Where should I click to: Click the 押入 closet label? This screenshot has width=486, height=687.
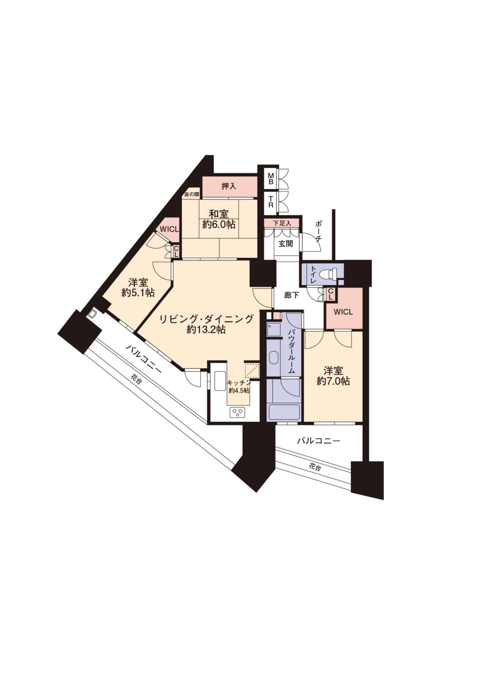pos(229,187)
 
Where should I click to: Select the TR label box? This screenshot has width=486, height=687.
pos(271,202)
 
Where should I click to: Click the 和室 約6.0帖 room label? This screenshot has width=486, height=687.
pos(219,219)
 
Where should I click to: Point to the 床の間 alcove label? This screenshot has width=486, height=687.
pos(192,194)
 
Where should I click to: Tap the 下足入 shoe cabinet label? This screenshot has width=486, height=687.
pos(281,223)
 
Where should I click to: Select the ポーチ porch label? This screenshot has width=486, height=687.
pos(319,231)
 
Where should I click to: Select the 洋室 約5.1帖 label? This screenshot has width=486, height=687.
pos(138,287)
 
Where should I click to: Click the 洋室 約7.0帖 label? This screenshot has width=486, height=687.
pos(333,376)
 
